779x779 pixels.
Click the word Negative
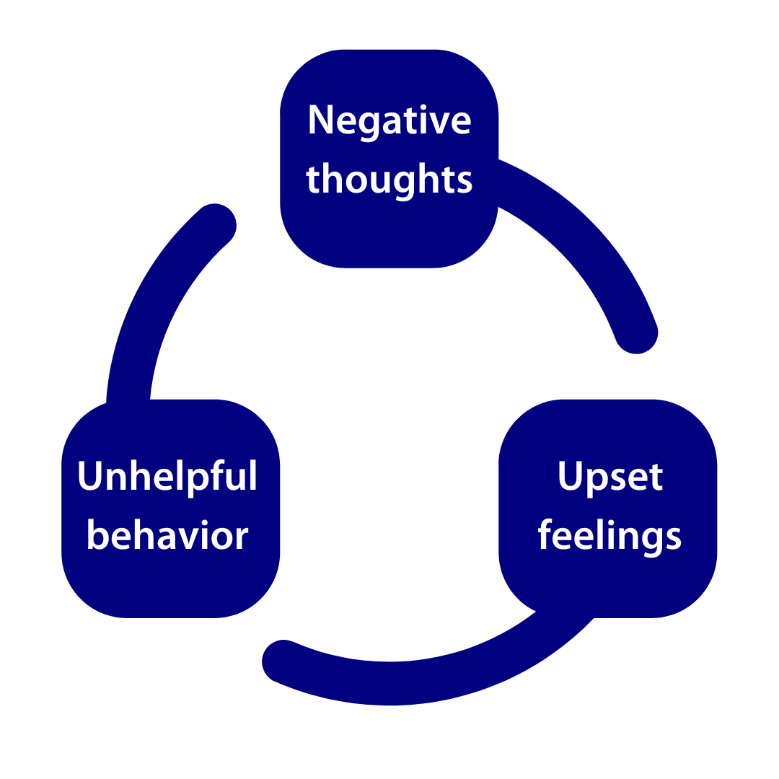pos(389,120)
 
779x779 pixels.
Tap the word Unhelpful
pos(167,477)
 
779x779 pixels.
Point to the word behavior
pos(167,536)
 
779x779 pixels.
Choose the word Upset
pos(610,477)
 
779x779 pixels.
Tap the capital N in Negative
pos(319,120)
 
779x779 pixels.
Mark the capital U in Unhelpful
pos(89,477)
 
